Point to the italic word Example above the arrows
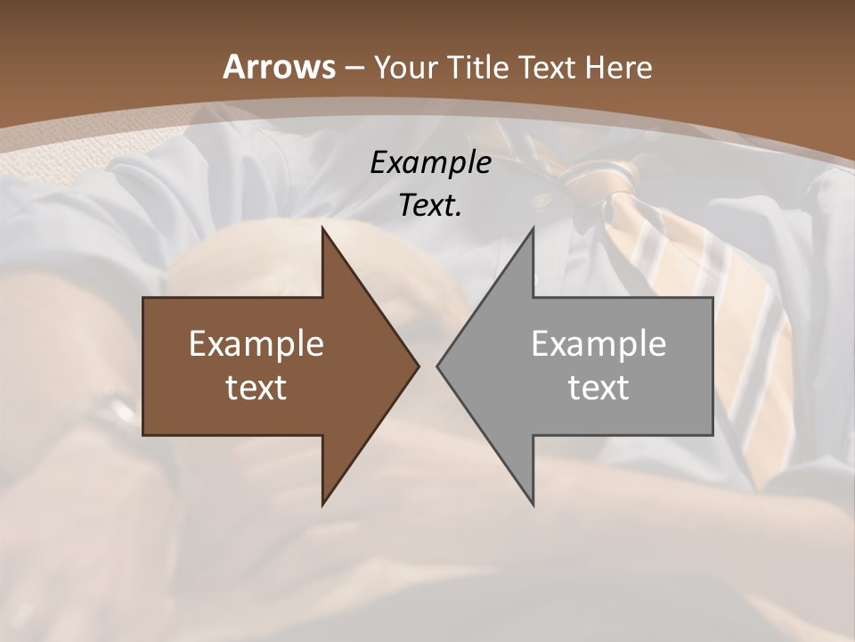430,162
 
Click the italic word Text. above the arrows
430,205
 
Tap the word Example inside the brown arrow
256,343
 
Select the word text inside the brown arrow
256,387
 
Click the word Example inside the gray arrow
598,343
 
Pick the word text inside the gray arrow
598,387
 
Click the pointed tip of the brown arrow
418,366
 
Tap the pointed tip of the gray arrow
438,366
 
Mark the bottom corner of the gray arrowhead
533,505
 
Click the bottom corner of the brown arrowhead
323,505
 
